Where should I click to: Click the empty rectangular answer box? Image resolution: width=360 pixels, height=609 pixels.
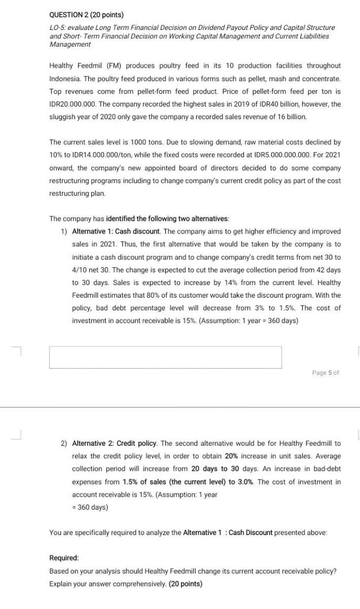click(x=165, y=357)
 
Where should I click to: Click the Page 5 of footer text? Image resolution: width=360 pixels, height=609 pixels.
click(x=325, y=372)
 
